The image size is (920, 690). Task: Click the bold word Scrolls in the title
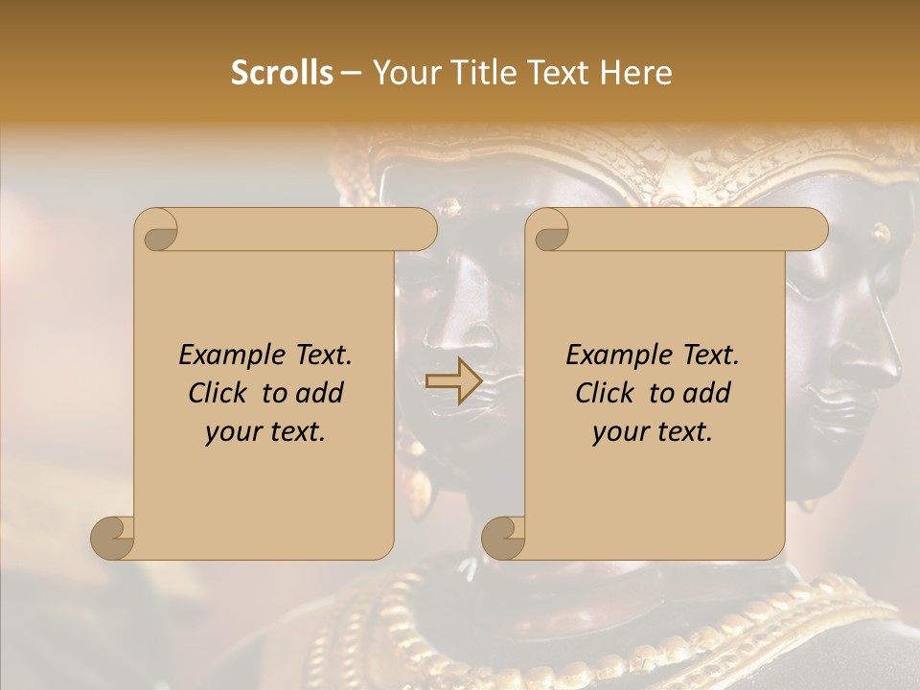point(283,73)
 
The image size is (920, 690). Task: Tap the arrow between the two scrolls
point(454,381)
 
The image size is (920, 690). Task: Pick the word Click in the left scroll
point(220,393)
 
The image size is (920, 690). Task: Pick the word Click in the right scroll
point(608,393)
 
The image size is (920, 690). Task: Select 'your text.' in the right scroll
point(653,432)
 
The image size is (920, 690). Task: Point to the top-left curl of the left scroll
point(157,231)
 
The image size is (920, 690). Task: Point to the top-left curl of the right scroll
point(549,231)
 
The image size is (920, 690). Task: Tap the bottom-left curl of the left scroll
point(112,538)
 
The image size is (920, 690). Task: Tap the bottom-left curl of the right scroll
point(503,538)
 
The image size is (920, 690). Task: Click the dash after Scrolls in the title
point(351,73)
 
